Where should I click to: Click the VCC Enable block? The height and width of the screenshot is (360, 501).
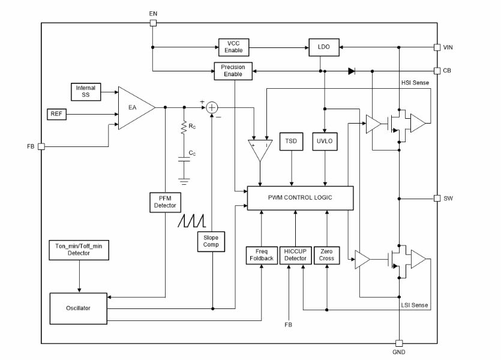point(233,46)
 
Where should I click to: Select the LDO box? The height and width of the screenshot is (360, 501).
point(324,46)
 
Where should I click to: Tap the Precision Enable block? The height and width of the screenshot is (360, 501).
point(233,71)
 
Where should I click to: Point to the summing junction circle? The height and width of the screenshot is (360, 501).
point(212,108)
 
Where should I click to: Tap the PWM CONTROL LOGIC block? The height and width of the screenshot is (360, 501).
point(300,197)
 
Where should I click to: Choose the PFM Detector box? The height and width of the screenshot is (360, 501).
point(164,202)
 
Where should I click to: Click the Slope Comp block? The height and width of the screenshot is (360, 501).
point(211,241)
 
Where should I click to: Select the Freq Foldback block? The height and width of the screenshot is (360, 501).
point(261,255)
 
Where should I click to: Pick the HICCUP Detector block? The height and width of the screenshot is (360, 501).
point(295,255)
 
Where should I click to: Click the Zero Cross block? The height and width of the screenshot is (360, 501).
point(327,255)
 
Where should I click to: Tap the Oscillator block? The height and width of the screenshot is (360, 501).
point(78,308)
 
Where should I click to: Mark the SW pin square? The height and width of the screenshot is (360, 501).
point(437,198)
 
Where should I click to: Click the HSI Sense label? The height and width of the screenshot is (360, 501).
point(415,82)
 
